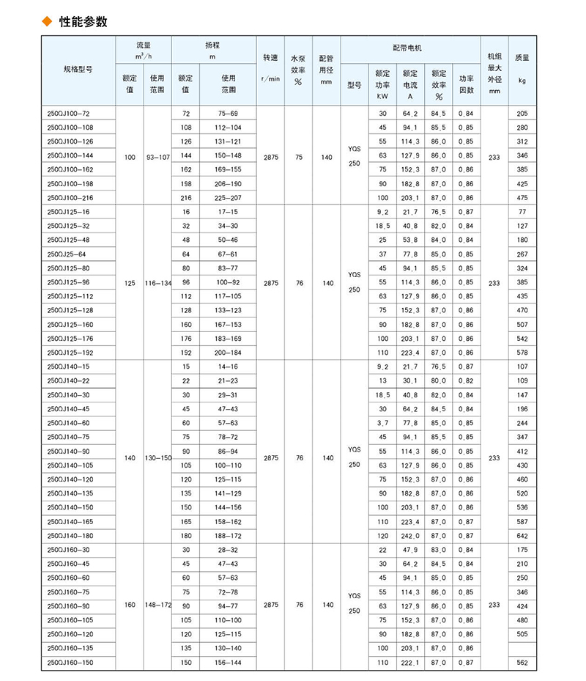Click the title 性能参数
tap(84, 22)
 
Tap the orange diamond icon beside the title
tap(48, 22)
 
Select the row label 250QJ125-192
tap(70, 352)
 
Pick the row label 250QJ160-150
tap(70, 663)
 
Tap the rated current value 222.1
tap(409, 663)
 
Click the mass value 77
tap(522, 212)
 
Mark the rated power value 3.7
tap(382, 423)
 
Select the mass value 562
tap(522, 663)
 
